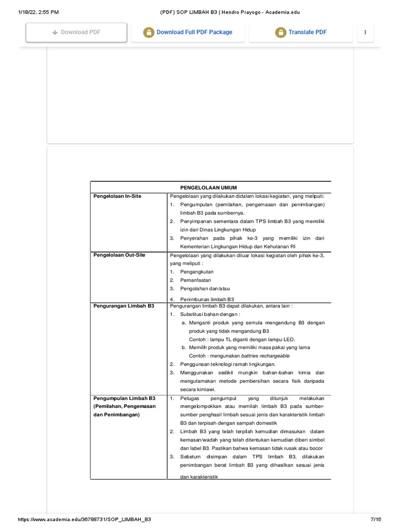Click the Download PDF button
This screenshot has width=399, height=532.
tap(76, 32)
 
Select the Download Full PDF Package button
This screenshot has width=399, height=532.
tap(188, 32)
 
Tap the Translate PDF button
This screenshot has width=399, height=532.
tap(301, 32)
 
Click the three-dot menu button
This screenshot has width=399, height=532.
tap(365, 32)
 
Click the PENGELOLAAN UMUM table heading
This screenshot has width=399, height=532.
tap(208, 187)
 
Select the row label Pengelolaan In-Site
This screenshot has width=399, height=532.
tap(117, 196)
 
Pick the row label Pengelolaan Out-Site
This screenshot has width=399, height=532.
tap(119, 255)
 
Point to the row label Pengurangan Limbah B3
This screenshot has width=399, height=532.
tap(123, 306)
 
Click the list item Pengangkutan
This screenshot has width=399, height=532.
tap(197, 272)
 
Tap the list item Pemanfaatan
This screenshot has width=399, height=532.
tap(195, 280)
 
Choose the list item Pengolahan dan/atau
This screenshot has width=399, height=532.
tap(205, 288)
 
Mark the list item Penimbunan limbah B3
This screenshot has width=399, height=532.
tap(207, 299)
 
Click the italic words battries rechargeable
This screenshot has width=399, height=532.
tap(265, 356)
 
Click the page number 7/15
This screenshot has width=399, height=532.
tap(375, 520)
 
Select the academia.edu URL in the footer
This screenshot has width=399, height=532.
tap(85, 520)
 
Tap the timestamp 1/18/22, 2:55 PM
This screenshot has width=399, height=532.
tap(32, 12)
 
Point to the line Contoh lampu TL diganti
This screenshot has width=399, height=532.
tap(242, 339)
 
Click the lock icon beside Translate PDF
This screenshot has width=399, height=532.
tap(281, 32)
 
